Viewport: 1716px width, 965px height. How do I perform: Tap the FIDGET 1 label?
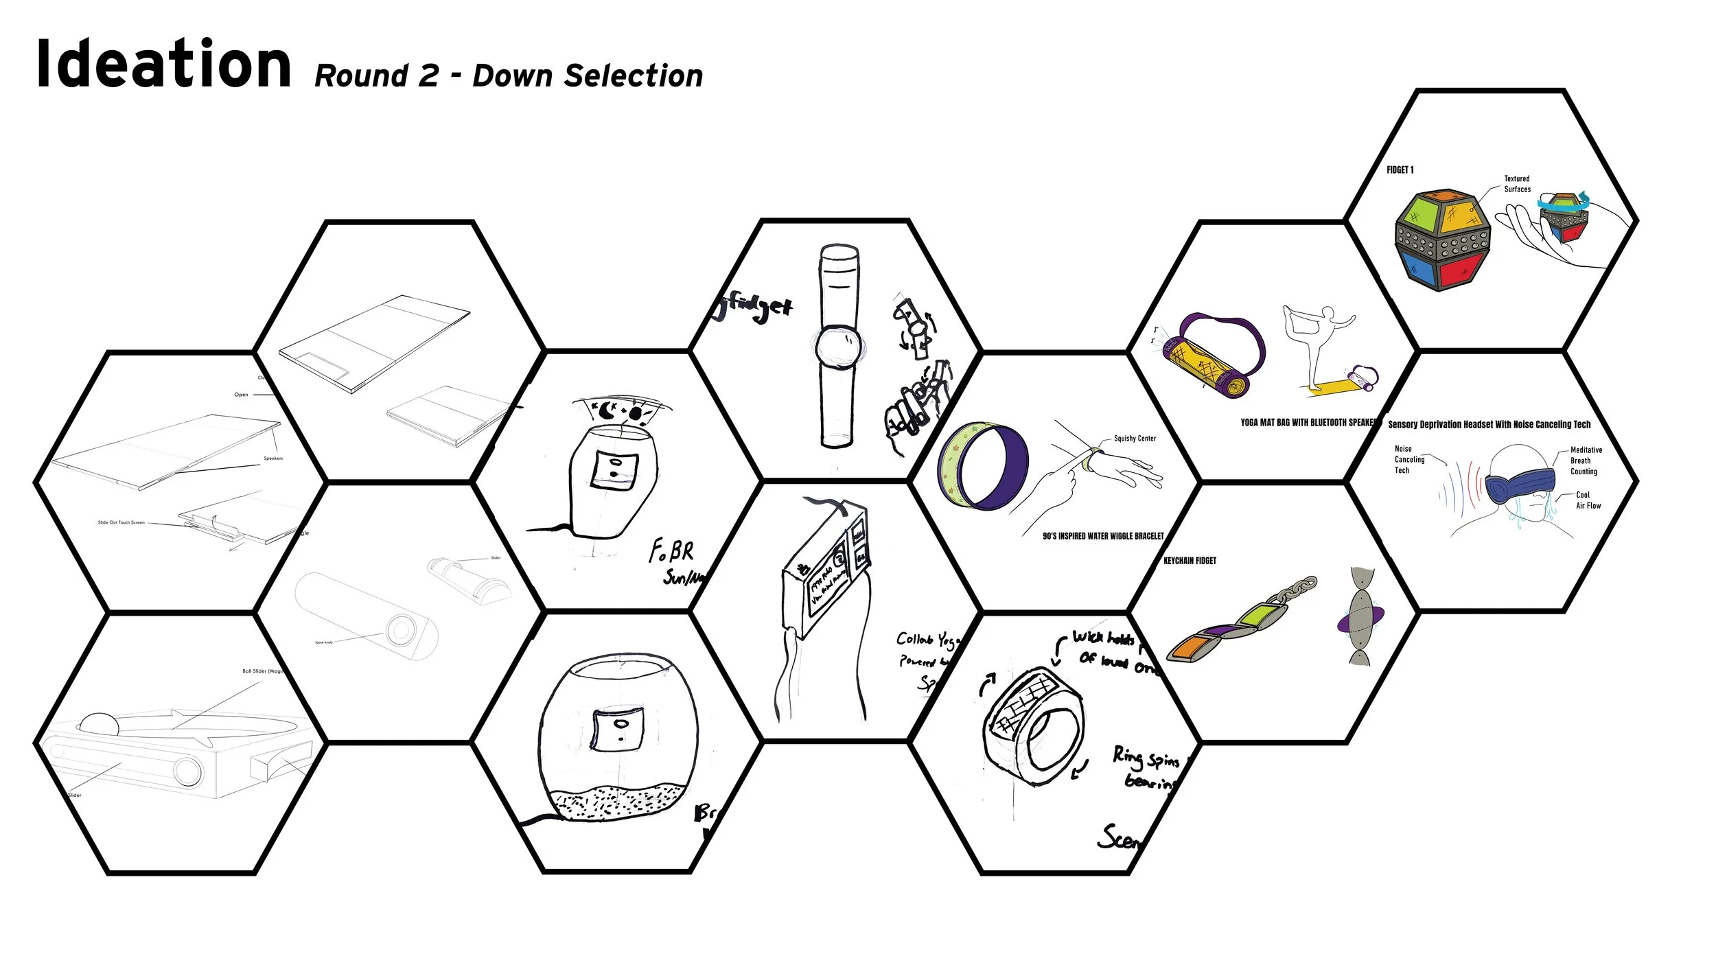click(1400, 170)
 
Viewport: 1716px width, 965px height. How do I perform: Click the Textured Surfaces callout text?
click(1517, 184)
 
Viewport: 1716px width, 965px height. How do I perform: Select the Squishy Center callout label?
click(1135, 439)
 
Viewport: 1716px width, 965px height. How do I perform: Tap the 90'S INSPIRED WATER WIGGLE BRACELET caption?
click(1103, 536)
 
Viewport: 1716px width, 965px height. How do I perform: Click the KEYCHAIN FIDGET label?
click(1190, 561)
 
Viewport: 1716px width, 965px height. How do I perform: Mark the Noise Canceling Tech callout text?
click(1408, 459)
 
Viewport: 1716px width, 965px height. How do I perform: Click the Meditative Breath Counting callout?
click(1586, 461)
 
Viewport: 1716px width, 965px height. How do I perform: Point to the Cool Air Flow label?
click(1588, 500)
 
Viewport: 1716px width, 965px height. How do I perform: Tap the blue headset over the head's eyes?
click(1520, 483)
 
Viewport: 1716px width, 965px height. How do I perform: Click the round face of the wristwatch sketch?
click(838, 347)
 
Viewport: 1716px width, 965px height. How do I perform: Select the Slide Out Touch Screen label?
click(121, 522)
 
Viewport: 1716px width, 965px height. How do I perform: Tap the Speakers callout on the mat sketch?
click(273, 458)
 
